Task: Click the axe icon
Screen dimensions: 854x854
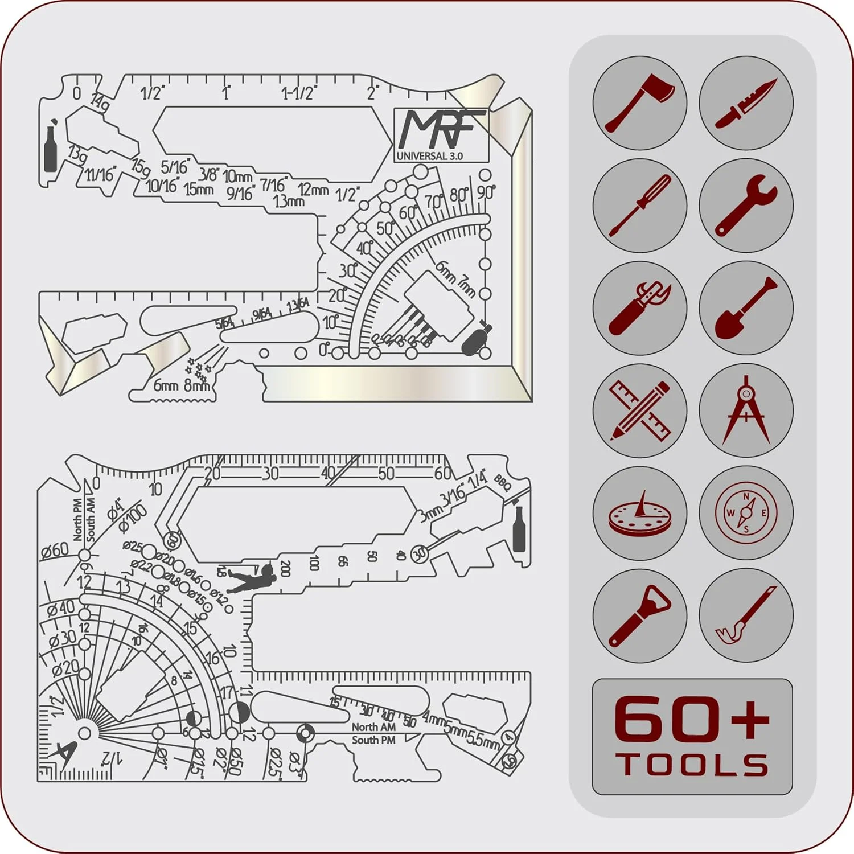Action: point(639,103)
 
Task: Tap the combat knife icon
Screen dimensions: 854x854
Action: point(746,103)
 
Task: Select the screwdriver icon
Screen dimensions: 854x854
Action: point(639,206)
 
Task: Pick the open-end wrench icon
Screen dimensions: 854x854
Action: point(746,206)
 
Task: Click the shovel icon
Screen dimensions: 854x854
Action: point(746,308)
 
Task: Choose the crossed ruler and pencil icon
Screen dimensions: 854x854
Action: point(639,410)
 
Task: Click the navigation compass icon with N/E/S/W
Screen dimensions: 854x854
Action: point(746,513)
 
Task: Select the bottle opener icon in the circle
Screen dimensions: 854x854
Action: point(639,615)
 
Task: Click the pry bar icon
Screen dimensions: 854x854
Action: point(746,615)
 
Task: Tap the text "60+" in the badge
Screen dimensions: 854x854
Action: point(692,720)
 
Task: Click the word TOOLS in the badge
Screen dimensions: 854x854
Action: point(692,765)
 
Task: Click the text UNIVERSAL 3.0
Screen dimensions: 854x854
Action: point(430,156)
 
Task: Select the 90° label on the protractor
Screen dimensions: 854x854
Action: point(486,192)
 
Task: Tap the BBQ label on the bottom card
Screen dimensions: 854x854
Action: point(502,483)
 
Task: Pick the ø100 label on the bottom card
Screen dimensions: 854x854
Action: point(133,518)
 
